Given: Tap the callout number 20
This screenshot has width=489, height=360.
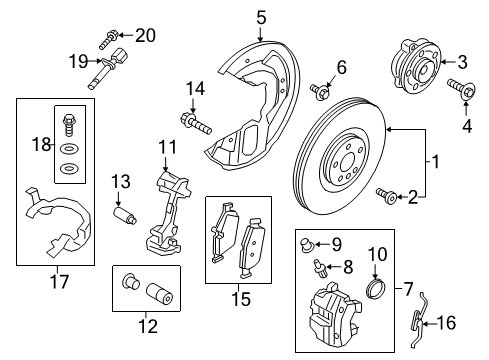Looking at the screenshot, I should [146, 36].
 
